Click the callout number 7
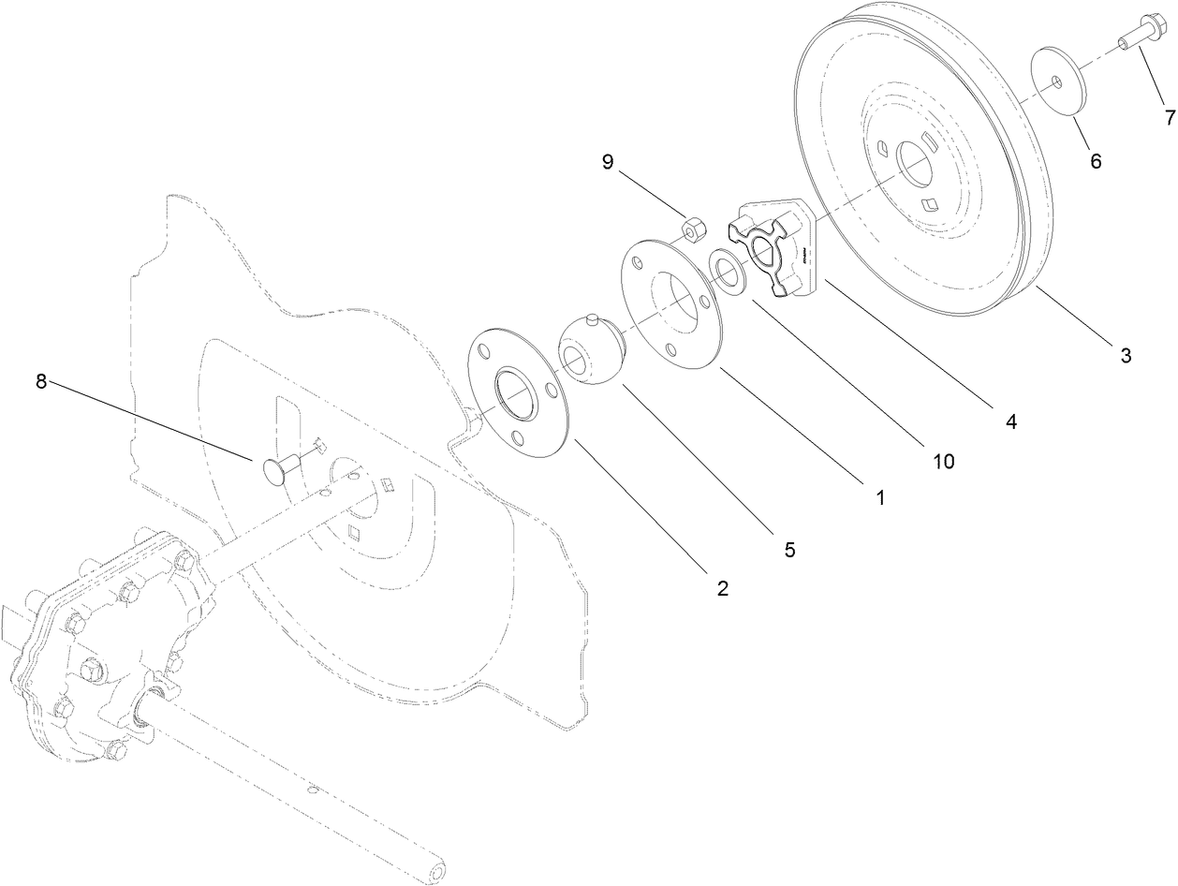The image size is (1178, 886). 1169,117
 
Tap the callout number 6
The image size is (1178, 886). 1095,161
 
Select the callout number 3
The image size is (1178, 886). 1126,355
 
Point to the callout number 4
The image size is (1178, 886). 1010,421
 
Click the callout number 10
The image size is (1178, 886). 943,460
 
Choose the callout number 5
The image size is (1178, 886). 789,550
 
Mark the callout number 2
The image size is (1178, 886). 722,588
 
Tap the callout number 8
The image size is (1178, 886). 40,383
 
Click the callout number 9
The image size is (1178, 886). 608,162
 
